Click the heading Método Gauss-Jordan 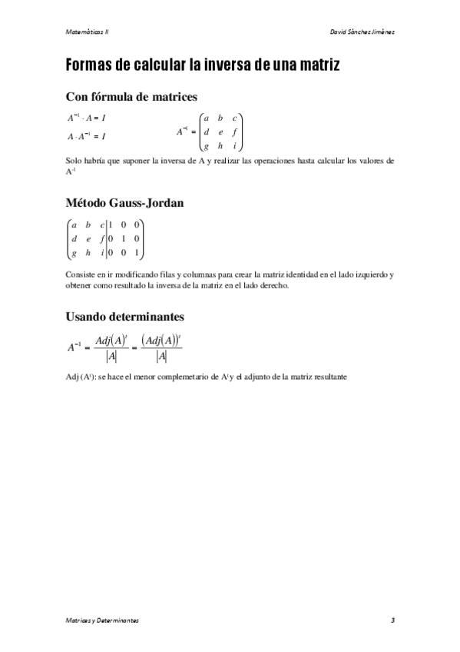tap(126, 204)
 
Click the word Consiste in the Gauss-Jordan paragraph tap(81, 274)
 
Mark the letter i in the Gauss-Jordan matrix tap(102, 251)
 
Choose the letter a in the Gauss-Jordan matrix tap(73, 225)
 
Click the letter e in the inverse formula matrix tap(220, 131)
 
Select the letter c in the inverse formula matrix tap(234, 118)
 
